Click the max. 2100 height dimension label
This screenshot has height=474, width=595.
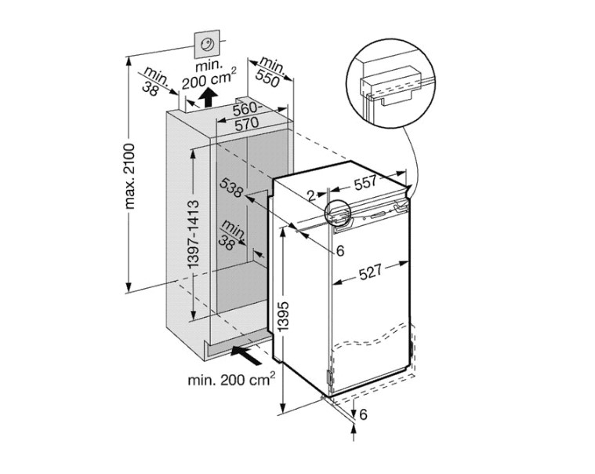pyautogui.click(x=130, y=177)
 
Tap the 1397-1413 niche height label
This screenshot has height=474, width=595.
pyautogui.click(x=194, y=235)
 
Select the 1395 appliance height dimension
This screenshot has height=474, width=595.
pyautogui.click(x=284, y=316)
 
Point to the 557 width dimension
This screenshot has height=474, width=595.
pyautogui.click(x=365, y=182)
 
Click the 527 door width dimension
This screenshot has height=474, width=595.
pyautogui.click(x=369, y=272)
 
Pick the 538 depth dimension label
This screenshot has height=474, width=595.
pyautogui.click(x=230, y=188)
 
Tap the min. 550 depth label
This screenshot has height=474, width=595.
pyautogui.click(x=270, y=73)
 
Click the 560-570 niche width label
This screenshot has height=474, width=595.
pyautogui.click(x=247, y=116)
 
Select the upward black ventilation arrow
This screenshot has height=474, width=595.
pyautogui.click(x=208, y=97)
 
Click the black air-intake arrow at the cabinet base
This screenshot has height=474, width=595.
pyautogui.click(x=247, y=355)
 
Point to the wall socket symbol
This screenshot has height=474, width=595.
pyautogui.click(x=207, y=45)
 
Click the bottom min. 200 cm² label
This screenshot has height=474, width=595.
pyautogui.click(x=231, y=379)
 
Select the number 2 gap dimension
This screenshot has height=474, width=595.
pyautogui.click(x=311, y=196)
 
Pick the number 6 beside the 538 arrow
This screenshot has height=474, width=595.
pyautogui.click(x=340, y=250)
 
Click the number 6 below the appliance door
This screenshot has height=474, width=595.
pyautogui.click(x=363, y=414)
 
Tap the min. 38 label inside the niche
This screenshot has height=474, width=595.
pyautogui.click(x=230, y=235)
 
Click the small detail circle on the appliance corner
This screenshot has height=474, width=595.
pyautogui.click(x=337, y=212)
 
